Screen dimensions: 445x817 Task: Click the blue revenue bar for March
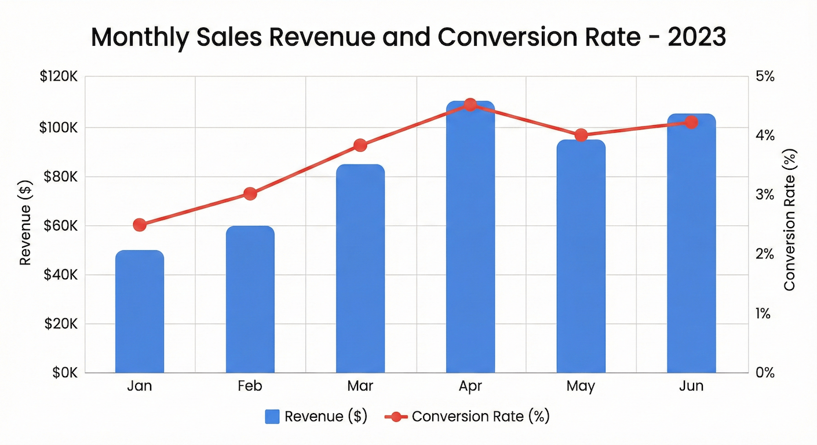point(360,269)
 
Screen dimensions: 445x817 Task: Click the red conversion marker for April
point(470,105)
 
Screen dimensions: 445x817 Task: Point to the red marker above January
point(140,225)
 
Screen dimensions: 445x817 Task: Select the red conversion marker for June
point(691,122)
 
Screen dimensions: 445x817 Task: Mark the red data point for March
point(360,145)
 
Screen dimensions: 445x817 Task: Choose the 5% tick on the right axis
point(765,77)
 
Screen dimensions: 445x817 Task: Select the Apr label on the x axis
point(470,386)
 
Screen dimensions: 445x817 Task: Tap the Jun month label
point(691,386)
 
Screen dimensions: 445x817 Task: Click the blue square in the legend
point(272,417)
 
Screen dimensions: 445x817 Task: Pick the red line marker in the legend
point(396,417)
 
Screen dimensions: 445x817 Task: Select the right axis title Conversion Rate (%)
point(789,220)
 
